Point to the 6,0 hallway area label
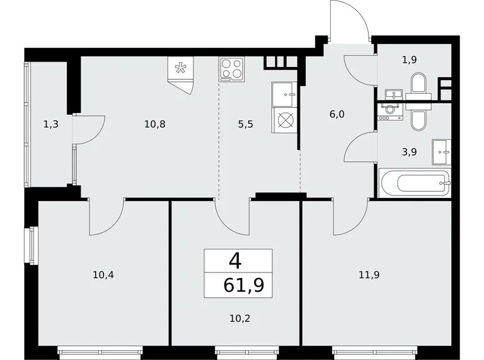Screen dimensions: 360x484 click(337, 114)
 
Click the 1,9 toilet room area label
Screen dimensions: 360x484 click(408, 60)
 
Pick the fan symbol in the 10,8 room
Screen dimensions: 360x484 click(180, 69)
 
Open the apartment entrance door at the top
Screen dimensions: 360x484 click(349, 22)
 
